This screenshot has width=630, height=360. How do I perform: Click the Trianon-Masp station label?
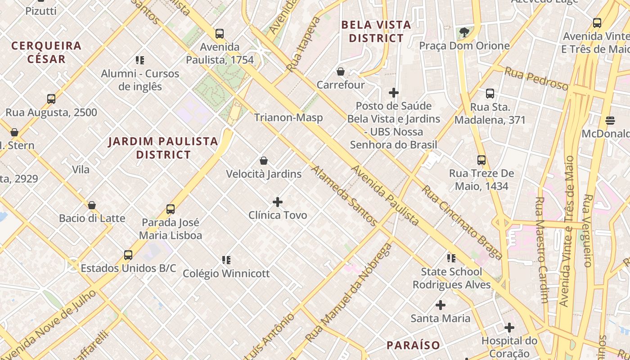coord(288,118)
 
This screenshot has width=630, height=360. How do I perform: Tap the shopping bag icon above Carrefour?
coord(341,72)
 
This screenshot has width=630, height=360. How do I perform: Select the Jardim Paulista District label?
coord(163,148)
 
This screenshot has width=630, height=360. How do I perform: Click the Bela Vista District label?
coord(376,31)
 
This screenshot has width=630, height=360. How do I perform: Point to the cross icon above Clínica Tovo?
coord(278,202)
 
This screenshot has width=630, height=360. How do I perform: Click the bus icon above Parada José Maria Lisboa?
coord(171,209)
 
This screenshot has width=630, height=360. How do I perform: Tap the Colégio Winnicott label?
coord(226,273)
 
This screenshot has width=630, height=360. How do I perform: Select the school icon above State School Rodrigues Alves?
coord(451,258)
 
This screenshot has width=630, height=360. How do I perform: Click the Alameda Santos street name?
coord(344,196)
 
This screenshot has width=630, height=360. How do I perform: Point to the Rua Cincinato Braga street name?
coord(462,223)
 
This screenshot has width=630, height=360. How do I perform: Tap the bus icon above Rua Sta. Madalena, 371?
coord(490,94)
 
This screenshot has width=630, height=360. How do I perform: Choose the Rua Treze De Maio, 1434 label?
coord(481,180)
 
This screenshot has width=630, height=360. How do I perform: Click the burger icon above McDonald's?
coord(610,120)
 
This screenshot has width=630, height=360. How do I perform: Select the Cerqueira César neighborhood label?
coord(46,52)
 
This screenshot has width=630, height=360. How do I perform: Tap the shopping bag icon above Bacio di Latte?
coord(92,205)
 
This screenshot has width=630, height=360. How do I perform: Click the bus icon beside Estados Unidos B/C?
coord(128,255)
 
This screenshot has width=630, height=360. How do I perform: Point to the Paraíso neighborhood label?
coord(413,346)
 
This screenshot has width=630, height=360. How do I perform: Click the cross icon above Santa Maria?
coord(441,305)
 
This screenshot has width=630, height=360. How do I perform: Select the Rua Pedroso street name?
coord(536,78)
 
